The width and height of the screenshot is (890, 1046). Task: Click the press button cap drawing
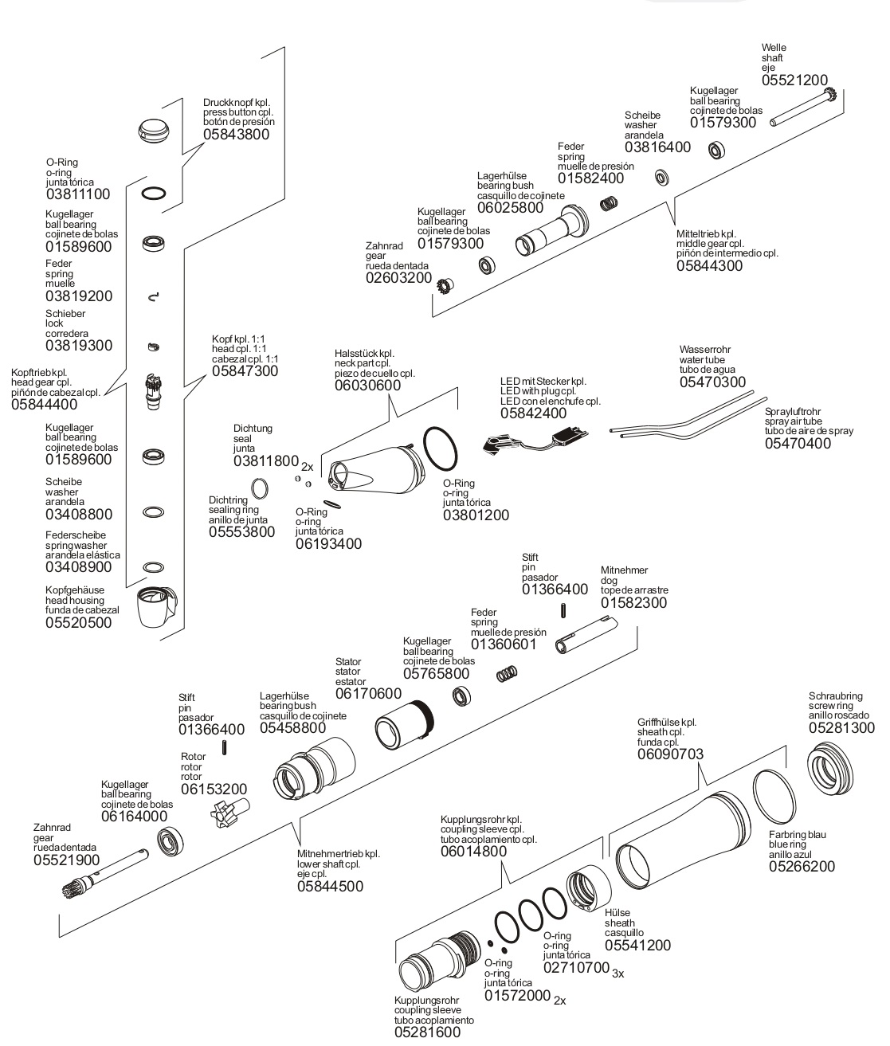click(x=154, y=131)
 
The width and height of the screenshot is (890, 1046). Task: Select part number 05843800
click(x=236, y=135)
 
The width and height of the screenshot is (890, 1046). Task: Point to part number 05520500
click(x=79, y=623)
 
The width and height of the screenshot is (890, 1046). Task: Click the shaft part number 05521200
click(x=794, y=80)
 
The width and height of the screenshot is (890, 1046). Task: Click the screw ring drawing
click(x=830, y=770)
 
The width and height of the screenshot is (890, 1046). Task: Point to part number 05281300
click(x=841, y=727)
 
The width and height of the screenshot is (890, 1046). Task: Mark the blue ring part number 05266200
click(x=802, y=867)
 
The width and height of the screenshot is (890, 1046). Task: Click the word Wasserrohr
click(x=704, y=350)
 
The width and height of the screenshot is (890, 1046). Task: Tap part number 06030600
click(x=367, y=386)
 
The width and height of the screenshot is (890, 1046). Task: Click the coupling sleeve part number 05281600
click(x=427, y=1032)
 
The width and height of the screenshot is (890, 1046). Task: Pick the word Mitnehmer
click(x=624, y=570)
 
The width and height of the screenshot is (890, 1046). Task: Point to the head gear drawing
click(x=153, y=390)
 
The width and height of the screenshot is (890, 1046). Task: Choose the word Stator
click(x=348, y=662)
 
